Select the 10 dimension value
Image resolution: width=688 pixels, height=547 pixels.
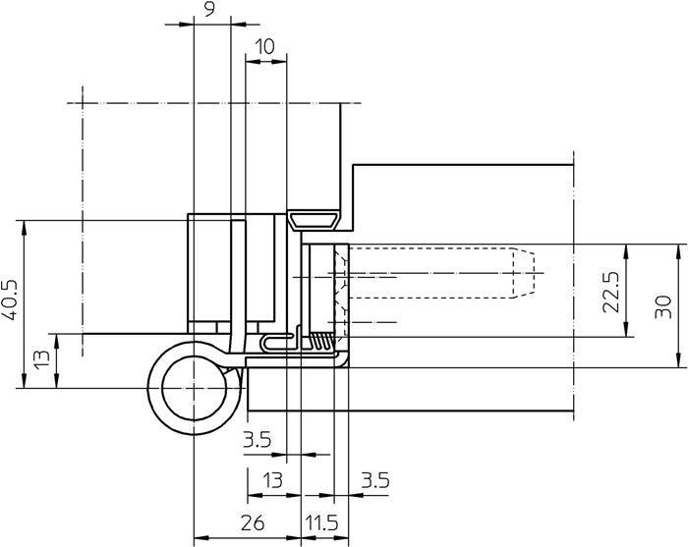[265, 46]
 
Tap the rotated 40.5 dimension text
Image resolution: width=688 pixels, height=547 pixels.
[10, 304]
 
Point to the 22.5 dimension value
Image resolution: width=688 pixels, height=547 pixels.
[611, 292]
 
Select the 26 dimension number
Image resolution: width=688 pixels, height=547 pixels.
[252, 523]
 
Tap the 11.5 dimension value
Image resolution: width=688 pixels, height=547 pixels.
[321, 523]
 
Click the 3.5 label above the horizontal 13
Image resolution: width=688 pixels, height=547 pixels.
[257, 440]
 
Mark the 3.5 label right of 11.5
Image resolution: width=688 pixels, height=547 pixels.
[375, 480]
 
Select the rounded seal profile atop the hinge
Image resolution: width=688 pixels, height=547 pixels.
[315, 219]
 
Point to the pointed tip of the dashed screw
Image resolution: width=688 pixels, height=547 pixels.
[539, 272]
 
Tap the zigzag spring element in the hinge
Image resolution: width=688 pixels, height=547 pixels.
[321, 341]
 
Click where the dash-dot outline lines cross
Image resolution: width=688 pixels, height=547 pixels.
[83, 103]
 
